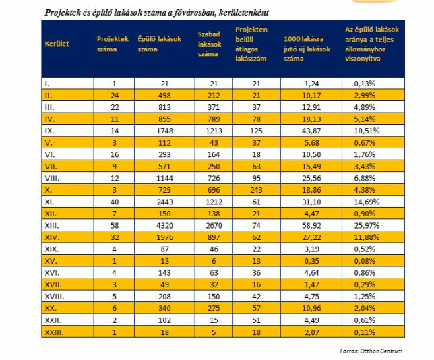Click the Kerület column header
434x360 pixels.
click(57, 44)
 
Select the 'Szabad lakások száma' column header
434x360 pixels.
click(210, 44)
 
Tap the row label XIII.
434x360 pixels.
click(52, 226)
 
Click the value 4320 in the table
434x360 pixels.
click(164, 226)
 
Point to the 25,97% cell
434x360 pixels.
click(367, 226)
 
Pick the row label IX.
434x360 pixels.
click(49, 131)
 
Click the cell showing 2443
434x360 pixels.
click(164, 202)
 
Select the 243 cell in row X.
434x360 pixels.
click(256, 190)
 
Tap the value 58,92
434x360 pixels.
click(311, 226)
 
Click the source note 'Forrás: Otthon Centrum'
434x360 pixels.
click(371, 351)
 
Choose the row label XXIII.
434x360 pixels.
click(54, 332)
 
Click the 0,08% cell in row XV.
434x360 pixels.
click(365, 261)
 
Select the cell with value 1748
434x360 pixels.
click(164, 131)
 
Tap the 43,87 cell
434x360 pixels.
click(311, 131)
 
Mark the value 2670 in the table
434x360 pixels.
click(214, 226)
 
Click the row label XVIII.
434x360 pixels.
click(55, 297)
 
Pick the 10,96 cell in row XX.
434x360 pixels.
click(311, 309)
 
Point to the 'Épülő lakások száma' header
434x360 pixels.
click(160, 44)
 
